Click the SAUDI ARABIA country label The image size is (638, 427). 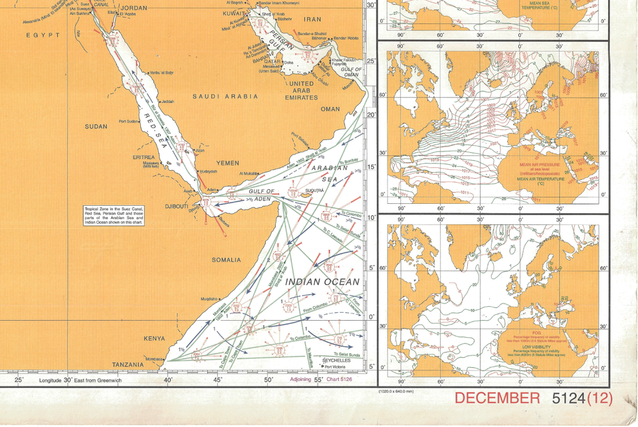tap(225, 96)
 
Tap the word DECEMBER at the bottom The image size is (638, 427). tap(497, 398)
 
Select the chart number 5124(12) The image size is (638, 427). tap(582, 398)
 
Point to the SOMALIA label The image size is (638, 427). tap(226, 260)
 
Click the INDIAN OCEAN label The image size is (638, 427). tap(322, 282)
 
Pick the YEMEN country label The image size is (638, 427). tap(228, 163)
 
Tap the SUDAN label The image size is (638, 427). tap(96, 126)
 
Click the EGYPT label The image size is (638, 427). tap(43, 35)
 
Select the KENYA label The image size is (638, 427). tap(154, 339)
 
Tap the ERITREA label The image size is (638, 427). tap(144, 157)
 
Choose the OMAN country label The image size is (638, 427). tap(330, 110)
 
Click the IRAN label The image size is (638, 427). tap(312, 20)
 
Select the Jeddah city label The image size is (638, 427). tap(166, 102)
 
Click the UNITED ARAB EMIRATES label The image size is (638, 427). tap(301, 90)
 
